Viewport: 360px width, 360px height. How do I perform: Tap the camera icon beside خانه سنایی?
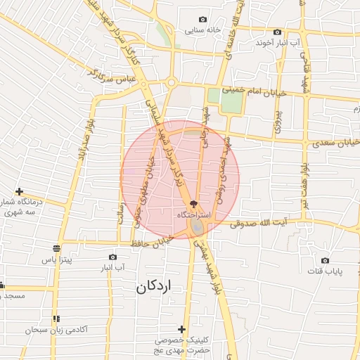(x=204, y=20)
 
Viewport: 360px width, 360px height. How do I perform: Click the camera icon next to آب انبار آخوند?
(x=277, y=32)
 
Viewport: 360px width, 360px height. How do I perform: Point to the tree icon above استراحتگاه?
(x=184, y=202)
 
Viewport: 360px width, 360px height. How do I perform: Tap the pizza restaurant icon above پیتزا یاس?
(x=56, y=248)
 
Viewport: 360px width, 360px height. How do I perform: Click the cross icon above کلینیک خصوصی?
(x=182, y=329)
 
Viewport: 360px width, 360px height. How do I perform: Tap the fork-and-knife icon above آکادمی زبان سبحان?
(x=56, y=319)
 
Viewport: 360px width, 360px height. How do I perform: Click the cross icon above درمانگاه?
(x=20, y=191)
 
